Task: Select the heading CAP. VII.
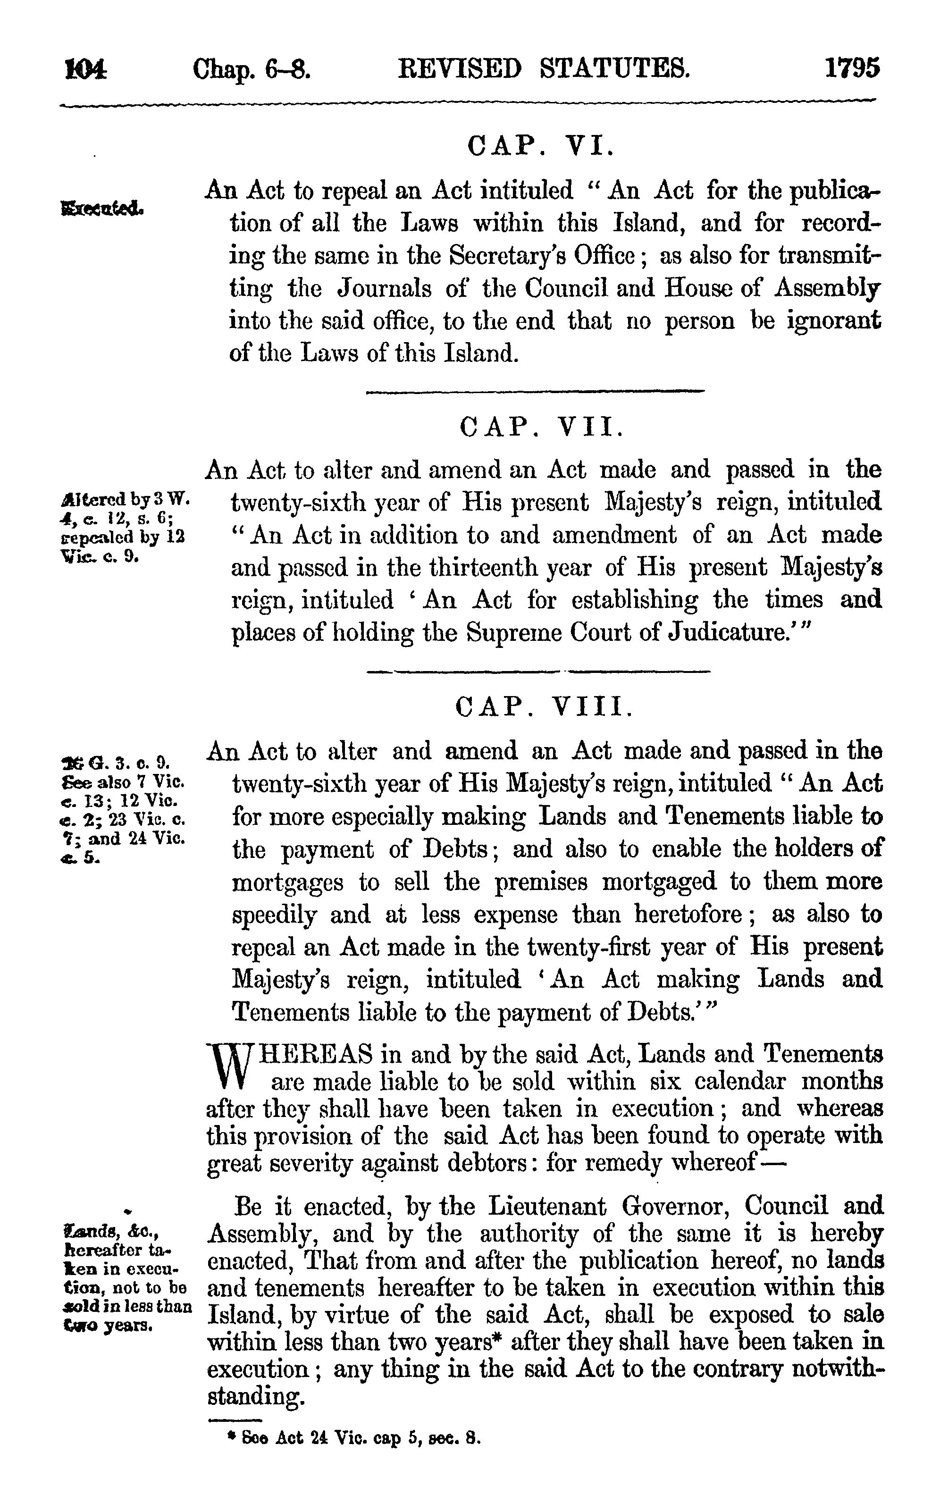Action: click(x=540, y=427)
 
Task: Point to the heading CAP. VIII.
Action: click(x=543, y=707)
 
